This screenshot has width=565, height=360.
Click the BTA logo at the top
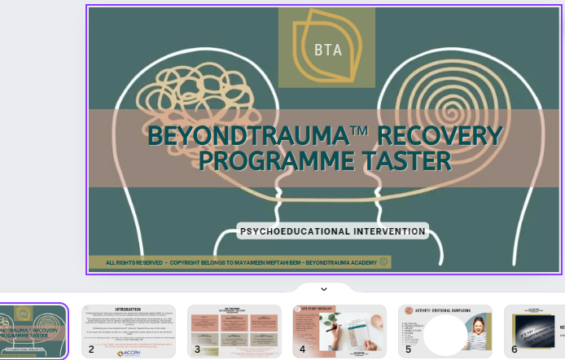(326, 47)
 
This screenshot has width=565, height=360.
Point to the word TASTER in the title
(409, 160)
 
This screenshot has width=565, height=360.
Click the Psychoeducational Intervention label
(333, 231)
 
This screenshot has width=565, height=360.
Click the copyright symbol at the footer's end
(383, 262)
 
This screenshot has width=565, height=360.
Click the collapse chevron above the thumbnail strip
(323, 288)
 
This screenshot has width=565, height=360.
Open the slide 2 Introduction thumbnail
(129, 331)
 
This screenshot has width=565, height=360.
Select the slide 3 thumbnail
(234, 331)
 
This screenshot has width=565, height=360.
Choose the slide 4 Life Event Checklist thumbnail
(339, 331)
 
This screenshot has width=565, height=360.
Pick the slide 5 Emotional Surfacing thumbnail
(444, 331)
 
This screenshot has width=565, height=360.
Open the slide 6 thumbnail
(534, 331)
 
